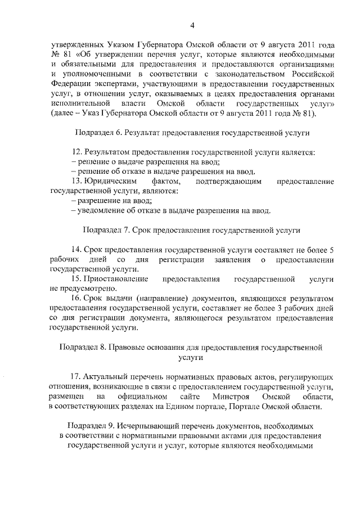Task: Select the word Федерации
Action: [71, 84]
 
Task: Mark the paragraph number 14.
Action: [77, 249]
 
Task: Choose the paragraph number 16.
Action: [77, 299]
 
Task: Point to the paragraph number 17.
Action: [76, 376]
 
